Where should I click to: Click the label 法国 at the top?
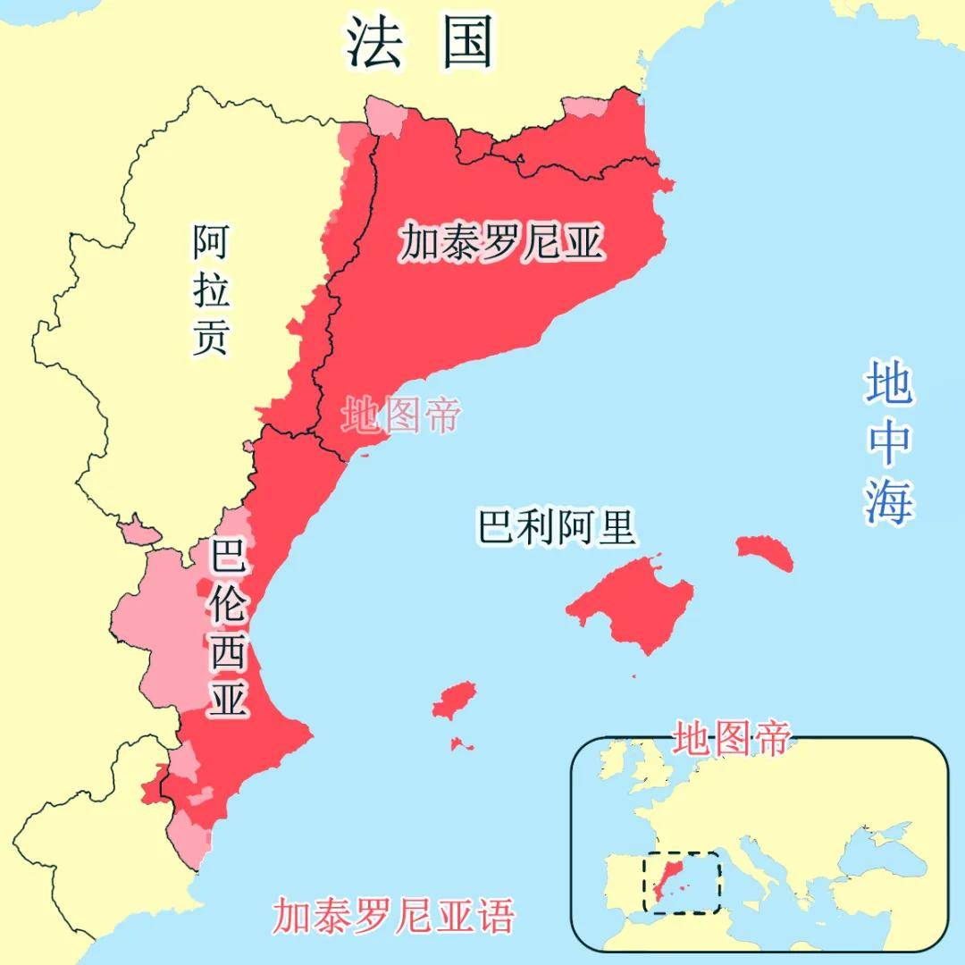click(420, 43)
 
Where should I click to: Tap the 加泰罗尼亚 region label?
click(501, 242)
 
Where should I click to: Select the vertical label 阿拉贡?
click(212, 290)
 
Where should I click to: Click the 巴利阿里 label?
click(557, 527)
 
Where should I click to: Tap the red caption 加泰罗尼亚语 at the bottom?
click(394, 915)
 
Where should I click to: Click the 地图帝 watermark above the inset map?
click(732, 738)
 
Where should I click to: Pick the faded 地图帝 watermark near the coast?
click(401, 416)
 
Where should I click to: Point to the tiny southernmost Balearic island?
click(462, 743)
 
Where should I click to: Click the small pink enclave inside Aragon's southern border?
click(140, 533)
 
